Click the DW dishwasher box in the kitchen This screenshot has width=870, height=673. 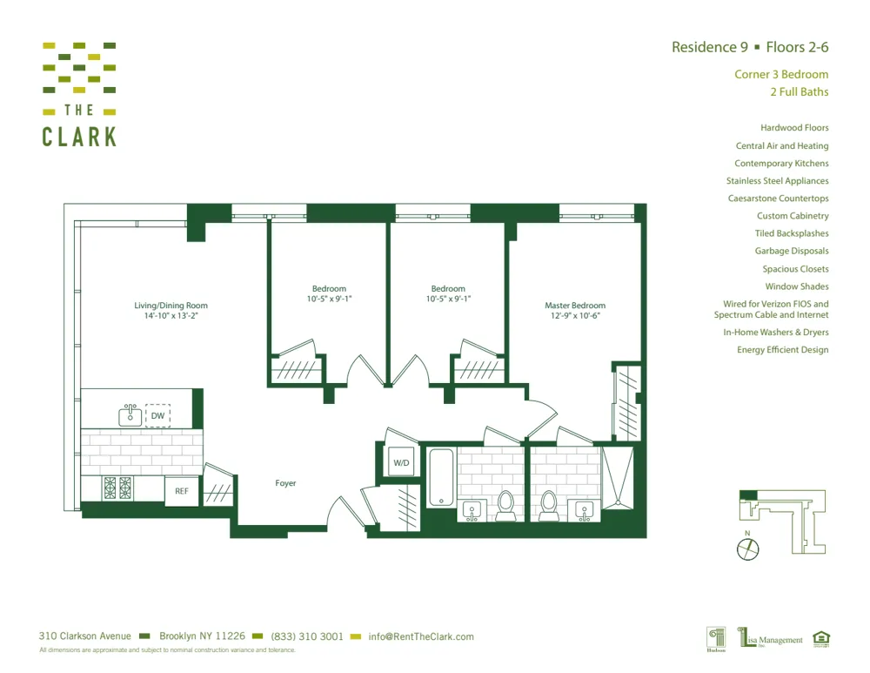click(157, 416)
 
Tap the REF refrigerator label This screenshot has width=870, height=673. click(182, 491)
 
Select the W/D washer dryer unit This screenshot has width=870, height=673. click(401, 462)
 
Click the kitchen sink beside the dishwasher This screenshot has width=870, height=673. click(130, 415)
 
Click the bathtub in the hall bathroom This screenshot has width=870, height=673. click(441, 477)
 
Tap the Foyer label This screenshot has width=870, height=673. click(285, 483)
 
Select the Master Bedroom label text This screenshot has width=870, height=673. click(574, 306)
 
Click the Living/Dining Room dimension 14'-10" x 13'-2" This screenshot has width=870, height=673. click(171, 316)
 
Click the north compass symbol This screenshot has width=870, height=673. click(747, 548)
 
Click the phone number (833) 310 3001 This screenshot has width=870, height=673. click(307, 636)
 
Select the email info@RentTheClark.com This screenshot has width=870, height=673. click(421, 636)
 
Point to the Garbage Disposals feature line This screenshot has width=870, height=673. click(792, 251)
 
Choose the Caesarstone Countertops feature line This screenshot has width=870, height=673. click(778, 199)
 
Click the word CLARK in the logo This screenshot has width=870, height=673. click(79, 136)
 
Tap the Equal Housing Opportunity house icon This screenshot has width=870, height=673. click(820, 639)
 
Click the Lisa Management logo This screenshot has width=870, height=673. click(771, 639)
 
